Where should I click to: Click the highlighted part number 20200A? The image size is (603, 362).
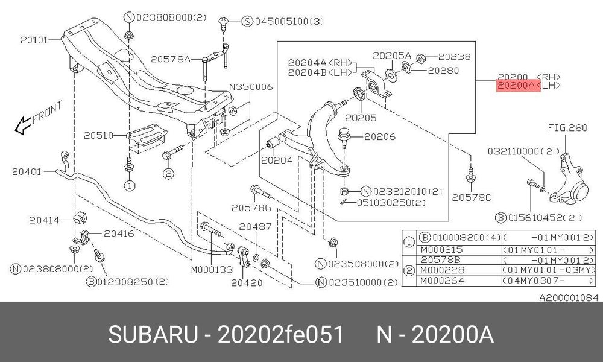(516, 86)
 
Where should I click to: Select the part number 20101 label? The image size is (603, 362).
(34, 40)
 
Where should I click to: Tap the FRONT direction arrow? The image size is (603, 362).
(22, 125)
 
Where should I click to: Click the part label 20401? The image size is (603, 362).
(27, 171)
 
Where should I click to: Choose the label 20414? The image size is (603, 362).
(44, 220)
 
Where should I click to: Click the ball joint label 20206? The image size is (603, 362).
(380, 136)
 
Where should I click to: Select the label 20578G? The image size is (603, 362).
(251, 208)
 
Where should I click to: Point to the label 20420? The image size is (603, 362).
(247, 283)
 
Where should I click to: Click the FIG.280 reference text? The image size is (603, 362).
(567, 128)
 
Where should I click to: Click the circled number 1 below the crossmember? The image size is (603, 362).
(130, 186)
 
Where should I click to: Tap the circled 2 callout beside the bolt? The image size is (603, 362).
(168, 174)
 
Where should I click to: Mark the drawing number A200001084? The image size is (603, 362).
(569, 298)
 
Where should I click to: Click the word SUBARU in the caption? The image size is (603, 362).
(154, 334)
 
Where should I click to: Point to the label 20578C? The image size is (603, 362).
(472, 197)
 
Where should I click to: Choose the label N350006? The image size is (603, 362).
(251, 87)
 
